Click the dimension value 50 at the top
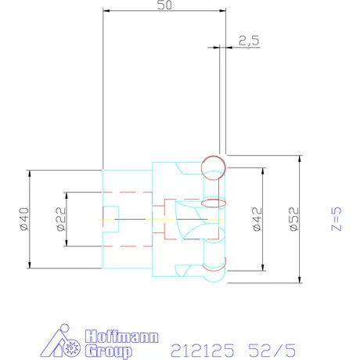tap(164, 5)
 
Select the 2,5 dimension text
tap(249, 40)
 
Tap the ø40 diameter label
tap(23, 218)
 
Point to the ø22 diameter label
tap(60, 220)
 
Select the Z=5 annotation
tap(337, 220)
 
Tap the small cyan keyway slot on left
tap(111, 219)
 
